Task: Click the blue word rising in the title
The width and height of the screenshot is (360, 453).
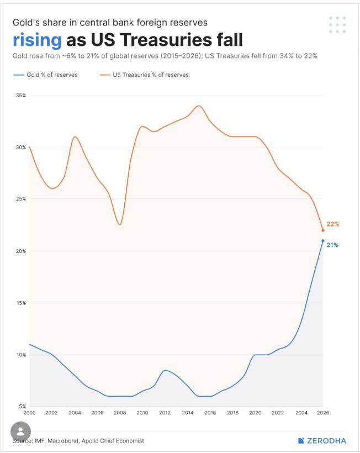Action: tap(37, 40)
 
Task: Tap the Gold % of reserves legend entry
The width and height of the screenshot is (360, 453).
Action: tap(45, 75)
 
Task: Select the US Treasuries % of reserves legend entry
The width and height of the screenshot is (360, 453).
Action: tap(144, 75)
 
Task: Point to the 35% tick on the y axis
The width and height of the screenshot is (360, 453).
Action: tap(21, 96)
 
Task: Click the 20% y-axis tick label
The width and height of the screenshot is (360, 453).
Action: tap(21, 251)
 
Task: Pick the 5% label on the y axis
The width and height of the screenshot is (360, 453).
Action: tap(22, 406)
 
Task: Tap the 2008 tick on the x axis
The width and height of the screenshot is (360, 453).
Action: tap(120, 413)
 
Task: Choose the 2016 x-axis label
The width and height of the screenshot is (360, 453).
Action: tap(210, 413)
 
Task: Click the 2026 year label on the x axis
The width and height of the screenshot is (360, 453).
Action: tap(323, 413)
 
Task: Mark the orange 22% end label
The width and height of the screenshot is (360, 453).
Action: tap(332, 224)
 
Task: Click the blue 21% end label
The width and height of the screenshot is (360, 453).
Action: tap(332, 245)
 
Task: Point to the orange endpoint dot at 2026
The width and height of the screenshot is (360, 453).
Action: tap(323, 230)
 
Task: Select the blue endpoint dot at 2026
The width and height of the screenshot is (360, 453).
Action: tap(323, 241)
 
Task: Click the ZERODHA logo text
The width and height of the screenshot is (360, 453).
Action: tap(326, 441)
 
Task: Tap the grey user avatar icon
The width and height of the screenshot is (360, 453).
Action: tap(20, 431)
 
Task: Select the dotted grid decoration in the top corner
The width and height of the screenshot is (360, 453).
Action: tap(337, 24)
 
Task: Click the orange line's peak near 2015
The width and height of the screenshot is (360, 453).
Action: tap(199, 106)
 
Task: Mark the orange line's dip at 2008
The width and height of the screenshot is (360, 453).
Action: tap(120, 224)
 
